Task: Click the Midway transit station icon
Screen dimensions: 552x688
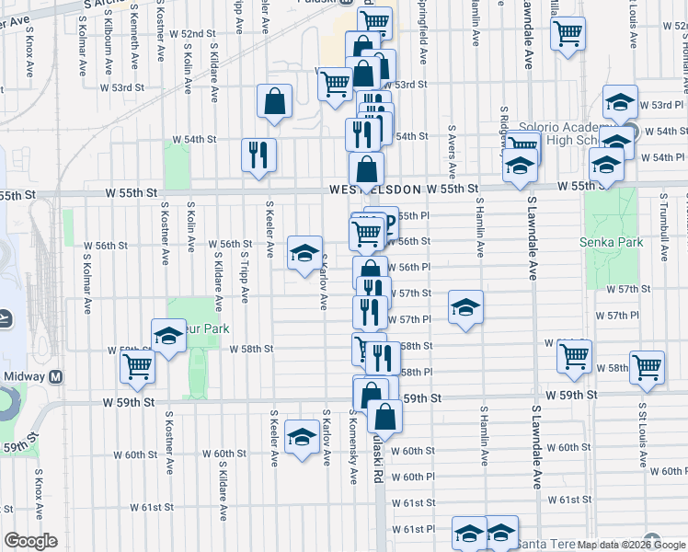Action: coord(56,377)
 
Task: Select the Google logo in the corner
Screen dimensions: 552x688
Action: coord(30,541)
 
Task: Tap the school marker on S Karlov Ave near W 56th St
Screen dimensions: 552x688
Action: coord(304,254)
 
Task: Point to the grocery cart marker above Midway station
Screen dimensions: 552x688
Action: coord(137,365)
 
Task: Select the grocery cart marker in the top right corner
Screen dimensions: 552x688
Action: coord(568,35)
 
